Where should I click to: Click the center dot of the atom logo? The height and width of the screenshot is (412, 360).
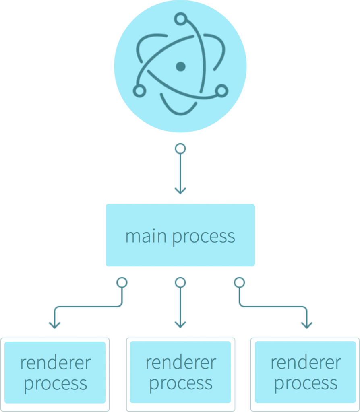click(x=180, y=66)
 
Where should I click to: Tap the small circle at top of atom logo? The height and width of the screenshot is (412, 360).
click(x=181, y=19)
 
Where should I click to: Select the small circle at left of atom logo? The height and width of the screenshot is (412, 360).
click(x=139, y=91)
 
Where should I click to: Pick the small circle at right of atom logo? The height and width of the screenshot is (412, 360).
click(x=221, y=91)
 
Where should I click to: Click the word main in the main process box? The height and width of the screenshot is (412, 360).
click(x=147, y=236)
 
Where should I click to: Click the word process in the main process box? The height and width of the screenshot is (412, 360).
click(x=204, y=237)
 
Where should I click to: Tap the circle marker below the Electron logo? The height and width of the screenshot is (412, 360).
click(x=180, y=149)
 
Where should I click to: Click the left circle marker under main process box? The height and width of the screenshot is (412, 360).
click(x=122, y=282)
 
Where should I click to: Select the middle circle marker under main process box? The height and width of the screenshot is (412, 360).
click(x=180, y=282)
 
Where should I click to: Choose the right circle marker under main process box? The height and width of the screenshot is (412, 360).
click(x=239, y=282)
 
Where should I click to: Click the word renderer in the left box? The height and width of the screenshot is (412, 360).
click(x=56, y=363)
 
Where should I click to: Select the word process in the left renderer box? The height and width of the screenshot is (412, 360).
click(x=56, y=384)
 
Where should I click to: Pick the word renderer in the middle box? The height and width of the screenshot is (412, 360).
click(x=181, y=363)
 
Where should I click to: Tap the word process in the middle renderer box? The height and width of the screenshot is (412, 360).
click(x=181, y=384)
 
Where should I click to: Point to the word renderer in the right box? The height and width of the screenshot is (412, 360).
click(x=306, y=363)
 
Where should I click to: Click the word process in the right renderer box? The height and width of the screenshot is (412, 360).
click(x=306, y=384)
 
